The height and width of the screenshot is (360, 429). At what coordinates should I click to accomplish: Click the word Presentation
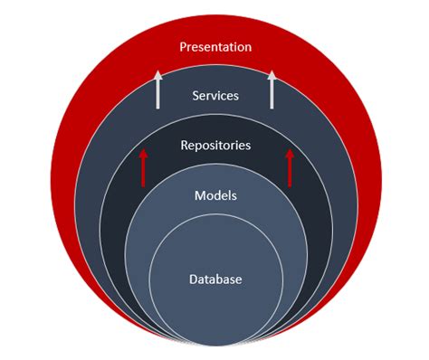coord(215,46)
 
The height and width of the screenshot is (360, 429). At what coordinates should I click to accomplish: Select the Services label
coord(215,94)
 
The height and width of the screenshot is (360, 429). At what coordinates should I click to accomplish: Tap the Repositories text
coord(215,144)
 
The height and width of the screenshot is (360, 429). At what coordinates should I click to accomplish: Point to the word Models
coord(215,194)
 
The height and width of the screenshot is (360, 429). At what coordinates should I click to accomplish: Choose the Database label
coord(215,279)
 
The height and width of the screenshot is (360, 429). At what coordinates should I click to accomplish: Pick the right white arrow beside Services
coord(272,90)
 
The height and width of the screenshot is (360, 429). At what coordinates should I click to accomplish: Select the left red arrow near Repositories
coord(142,168)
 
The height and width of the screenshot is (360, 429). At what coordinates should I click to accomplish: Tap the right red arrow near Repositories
coord(290,168)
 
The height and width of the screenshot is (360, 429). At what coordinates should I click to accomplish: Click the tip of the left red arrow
coord(142,151)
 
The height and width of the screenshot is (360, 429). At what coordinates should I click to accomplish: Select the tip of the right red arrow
coord(290,151)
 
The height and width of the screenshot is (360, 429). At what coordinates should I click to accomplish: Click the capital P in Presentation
coord(184,46)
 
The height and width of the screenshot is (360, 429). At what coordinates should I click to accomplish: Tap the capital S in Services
coord(195,94)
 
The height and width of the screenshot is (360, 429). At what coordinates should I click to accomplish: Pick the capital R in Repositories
coord(185,144)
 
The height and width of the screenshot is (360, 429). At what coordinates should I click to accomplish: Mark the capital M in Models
coord(199,194)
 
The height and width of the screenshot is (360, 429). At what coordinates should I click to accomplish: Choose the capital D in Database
coord(194,279)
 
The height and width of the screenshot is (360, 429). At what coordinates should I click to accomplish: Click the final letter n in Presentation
coord(248,46)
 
